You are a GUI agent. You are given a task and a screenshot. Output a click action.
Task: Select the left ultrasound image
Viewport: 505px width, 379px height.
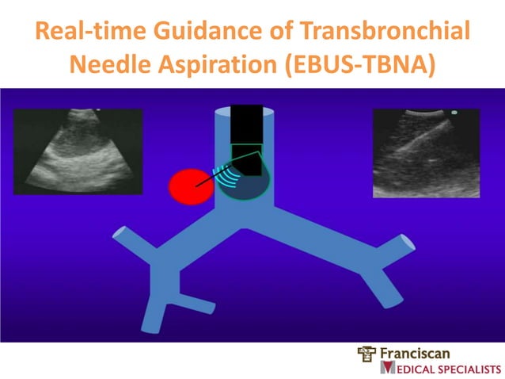click(x=78, y=151)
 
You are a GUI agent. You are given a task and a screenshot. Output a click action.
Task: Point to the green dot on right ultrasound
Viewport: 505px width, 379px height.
click(x=454, y=113)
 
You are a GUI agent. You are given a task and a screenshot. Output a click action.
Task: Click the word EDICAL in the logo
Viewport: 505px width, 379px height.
click(x=412, y=369)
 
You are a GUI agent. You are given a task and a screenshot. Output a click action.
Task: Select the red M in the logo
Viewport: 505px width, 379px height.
click(x=388, y=368)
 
